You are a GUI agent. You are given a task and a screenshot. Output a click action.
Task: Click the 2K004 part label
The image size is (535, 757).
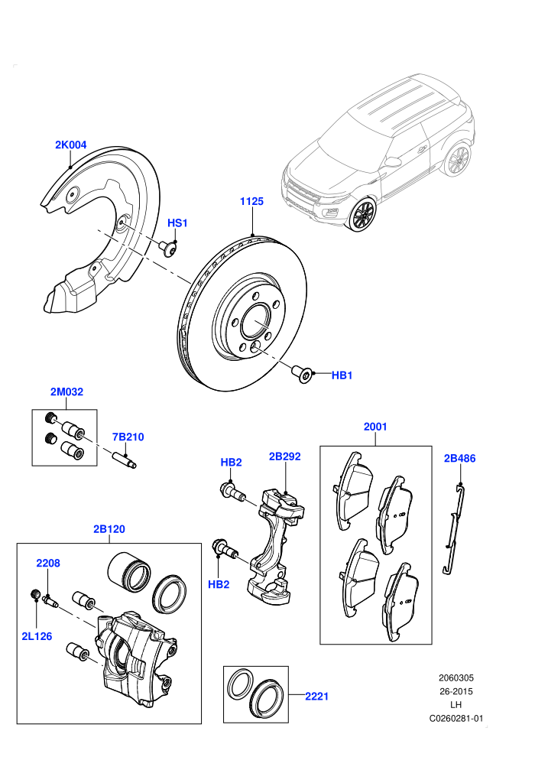pyautogui.click(x=70, y=145)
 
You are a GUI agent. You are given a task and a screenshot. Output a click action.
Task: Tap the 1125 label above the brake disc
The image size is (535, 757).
pyautogui.click(x=251, y=201)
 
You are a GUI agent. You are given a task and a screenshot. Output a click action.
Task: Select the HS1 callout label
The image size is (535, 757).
pyautogui.click(x=177, y=223)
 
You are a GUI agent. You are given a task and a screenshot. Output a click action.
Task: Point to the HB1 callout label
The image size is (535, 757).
pyautogui.click(x=342, y=375)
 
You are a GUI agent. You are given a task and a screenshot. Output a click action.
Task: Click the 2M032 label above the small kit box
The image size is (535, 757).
pyautogui.click(x=66, y=391)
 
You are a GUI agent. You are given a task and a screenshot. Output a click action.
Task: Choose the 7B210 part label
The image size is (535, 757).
pyautogui.click(x=128, y=437)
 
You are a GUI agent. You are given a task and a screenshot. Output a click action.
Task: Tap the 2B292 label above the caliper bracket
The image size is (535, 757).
pyautogui.click(x=284, y=456)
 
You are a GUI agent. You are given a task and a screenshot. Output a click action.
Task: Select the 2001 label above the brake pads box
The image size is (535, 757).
pyautogui.click(x=375, y=427)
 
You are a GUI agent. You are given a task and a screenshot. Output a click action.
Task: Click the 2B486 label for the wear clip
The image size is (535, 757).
pyautogui.click(x=460, y=458)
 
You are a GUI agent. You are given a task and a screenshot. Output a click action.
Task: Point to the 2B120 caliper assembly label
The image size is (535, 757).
pyautogui.click(x=109, y=529)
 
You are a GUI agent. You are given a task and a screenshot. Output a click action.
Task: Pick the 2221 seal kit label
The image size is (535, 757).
pyautogui.click(x=316, y=696)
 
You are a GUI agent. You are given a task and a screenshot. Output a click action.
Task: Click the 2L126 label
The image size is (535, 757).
pyautogui.click(x=37, y=636)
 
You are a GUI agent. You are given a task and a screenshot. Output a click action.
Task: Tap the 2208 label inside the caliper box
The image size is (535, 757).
pyautogui.click(x=48, y=563)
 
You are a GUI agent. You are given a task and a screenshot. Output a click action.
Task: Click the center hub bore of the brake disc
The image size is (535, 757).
pyautogui.click(x=256, y=322)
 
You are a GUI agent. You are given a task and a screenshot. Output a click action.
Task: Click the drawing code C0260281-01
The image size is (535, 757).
pyautogui.click(x=456, y=718)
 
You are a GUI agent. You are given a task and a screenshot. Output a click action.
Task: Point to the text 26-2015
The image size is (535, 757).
pyautogui.click(x=456, y=691)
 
